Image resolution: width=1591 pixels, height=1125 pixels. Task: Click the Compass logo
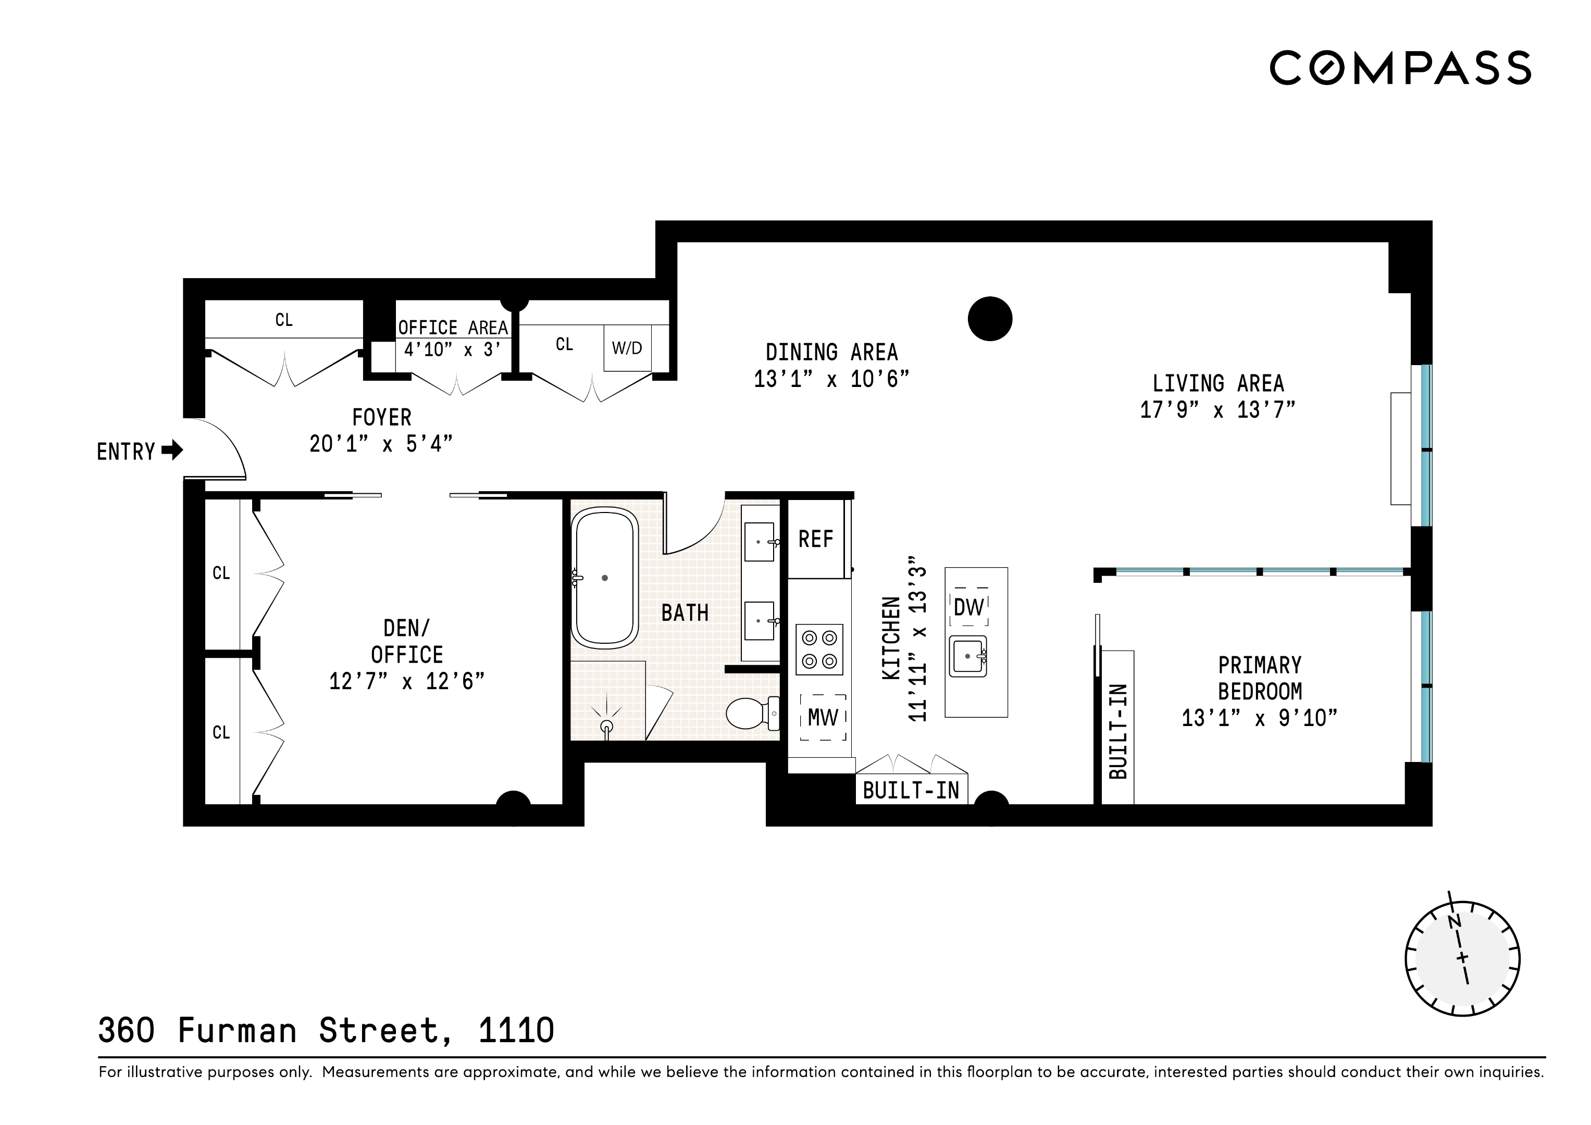(x=1400, y=68)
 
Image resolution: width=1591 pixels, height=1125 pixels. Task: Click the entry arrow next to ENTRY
(x=172, y=451)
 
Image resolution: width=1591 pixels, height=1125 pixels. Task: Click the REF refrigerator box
(x=816, y=539)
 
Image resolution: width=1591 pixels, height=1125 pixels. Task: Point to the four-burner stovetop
(x=819, y=649)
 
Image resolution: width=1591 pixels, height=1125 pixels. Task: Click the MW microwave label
(x=823, y=718)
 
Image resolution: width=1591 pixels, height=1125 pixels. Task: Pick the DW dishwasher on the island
(x=968, y=607)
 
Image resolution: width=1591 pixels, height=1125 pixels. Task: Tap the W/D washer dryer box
(x=627, y=348)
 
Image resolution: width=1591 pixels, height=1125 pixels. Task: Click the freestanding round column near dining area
(x=989, y=319)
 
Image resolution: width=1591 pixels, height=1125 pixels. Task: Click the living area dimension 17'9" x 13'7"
(x=1217, y=410)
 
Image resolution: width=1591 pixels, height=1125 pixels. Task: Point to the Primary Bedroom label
(x=1260, y=678)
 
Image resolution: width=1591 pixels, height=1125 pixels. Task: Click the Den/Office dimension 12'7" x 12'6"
(x=407, y=682)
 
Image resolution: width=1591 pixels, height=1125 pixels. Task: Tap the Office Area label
(x=453, y=327)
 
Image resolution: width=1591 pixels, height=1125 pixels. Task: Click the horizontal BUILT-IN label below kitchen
(x=911, y=791)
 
